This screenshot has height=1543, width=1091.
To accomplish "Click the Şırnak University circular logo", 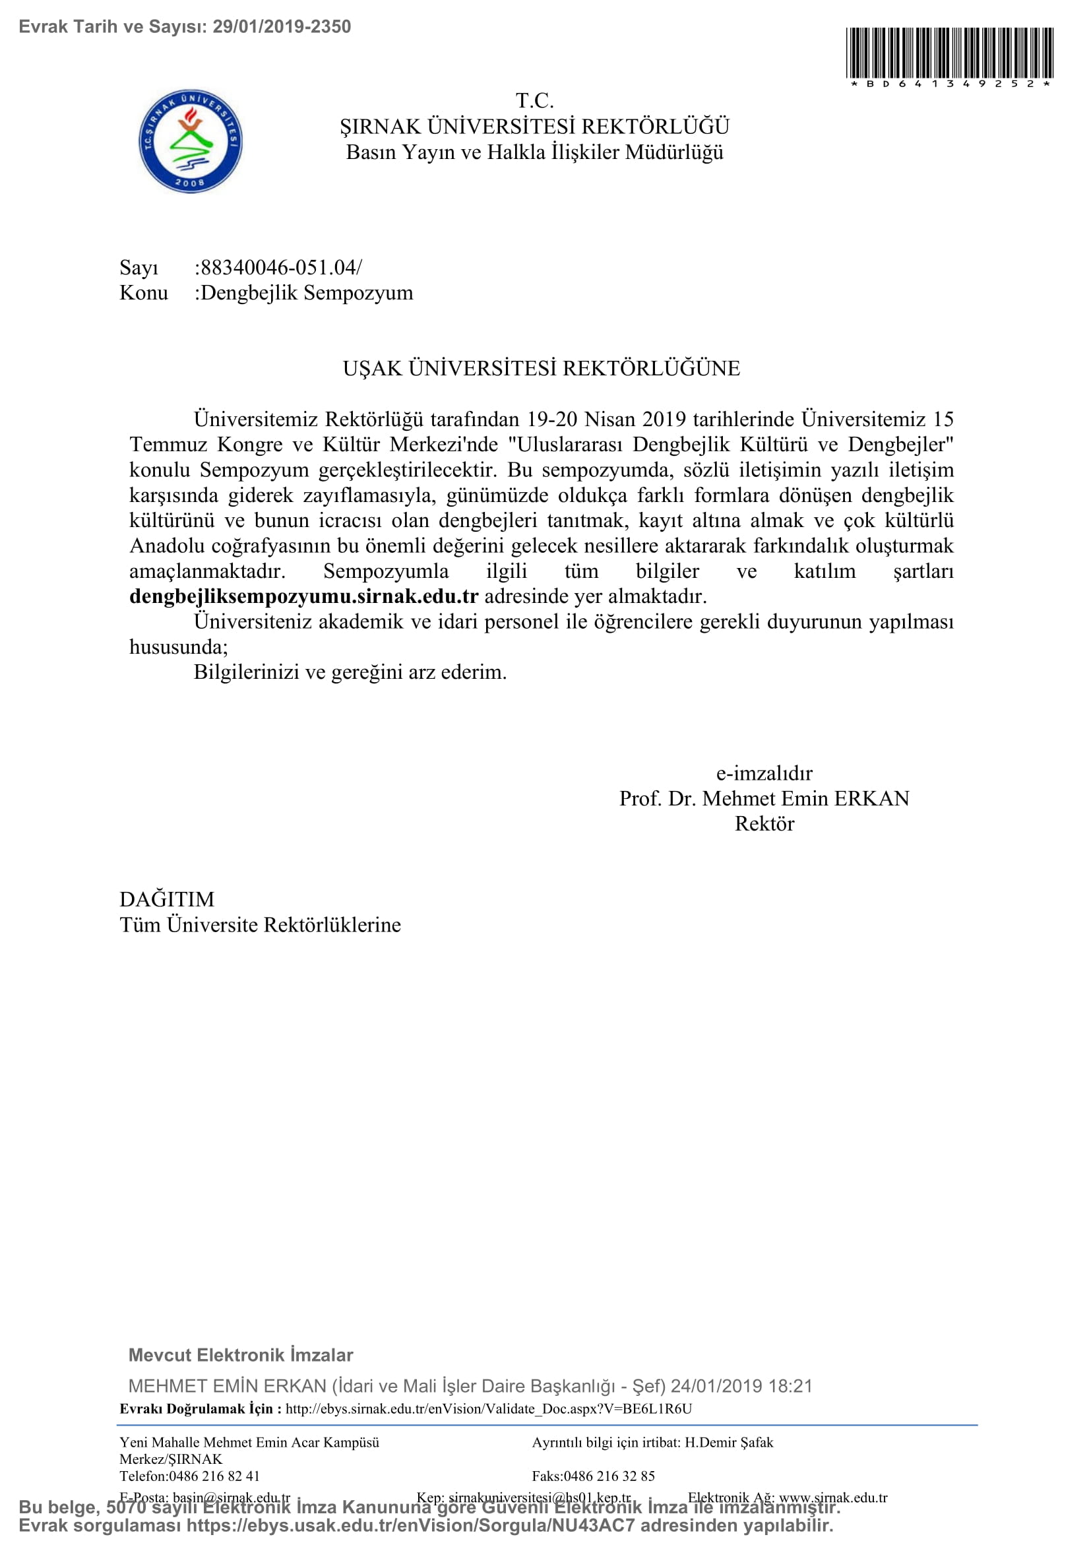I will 190,141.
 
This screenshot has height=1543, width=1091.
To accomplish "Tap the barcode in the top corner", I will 949,53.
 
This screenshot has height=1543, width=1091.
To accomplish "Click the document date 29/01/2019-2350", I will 282,27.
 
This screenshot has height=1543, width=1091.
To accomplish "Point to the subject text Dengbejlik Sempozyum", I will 307,293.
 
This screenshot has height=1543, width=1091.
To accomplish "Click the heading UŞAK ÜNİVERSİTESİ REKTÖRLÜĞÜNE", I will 542,368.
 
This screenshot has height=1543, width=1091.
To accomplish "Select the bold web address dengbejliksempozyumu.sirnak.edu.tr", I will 303,596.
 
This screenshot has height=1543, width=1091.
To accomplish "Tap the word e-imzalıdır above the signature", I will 764,773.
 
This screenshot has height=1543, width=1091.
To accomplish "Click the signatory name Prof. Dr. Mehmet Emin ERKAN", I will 764,798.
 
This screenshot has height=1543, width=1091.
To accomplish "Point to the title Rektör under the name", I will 764,824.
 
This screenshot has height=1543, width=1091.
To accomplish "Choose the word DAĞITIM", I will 167,899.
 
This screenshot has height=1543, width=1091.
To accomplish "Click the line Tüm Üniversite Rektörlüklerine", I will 260,925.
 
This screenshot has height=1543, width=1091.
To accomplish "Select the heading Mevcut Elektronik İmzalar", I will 241,1355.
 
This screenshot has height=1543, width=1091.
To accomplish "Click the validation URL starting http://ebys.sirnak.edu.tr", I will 488,1408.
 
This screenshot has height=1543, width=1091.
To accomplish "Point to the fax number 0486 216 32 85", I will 609,1476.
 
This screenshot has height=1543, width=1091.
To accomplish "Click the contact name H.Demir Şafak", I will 728,1442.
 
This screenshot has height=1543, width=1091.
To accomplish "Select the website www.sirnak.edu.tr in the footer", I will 832,1497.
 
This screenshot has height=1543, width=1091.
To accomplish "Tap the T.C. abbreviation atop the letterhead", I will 535,101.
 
